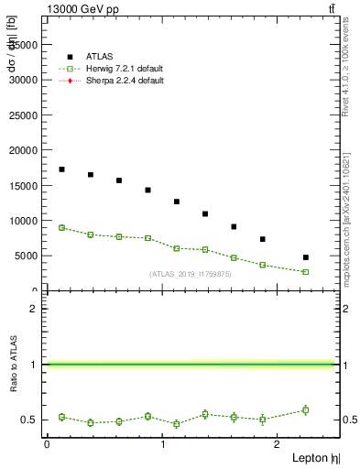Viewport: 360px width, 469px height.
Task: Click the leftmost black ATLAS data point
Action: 61,169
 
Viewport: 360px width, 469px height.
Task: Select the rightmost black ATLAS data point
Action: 306,257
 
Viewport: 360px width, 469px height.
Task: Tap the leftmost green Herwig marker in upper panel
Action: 61,227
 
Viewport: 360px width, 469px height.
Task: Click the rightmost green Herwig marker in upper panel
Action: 306,272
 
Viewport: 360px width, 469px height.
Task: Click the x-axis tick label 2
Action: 279,445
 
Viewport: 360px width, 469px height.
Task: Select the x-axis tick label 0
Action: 47,445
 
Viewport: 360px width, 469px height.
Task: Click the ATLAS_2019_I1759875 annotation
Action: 191,273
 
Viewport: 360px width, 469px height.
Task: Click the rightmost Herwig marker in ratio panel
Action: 306,409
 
